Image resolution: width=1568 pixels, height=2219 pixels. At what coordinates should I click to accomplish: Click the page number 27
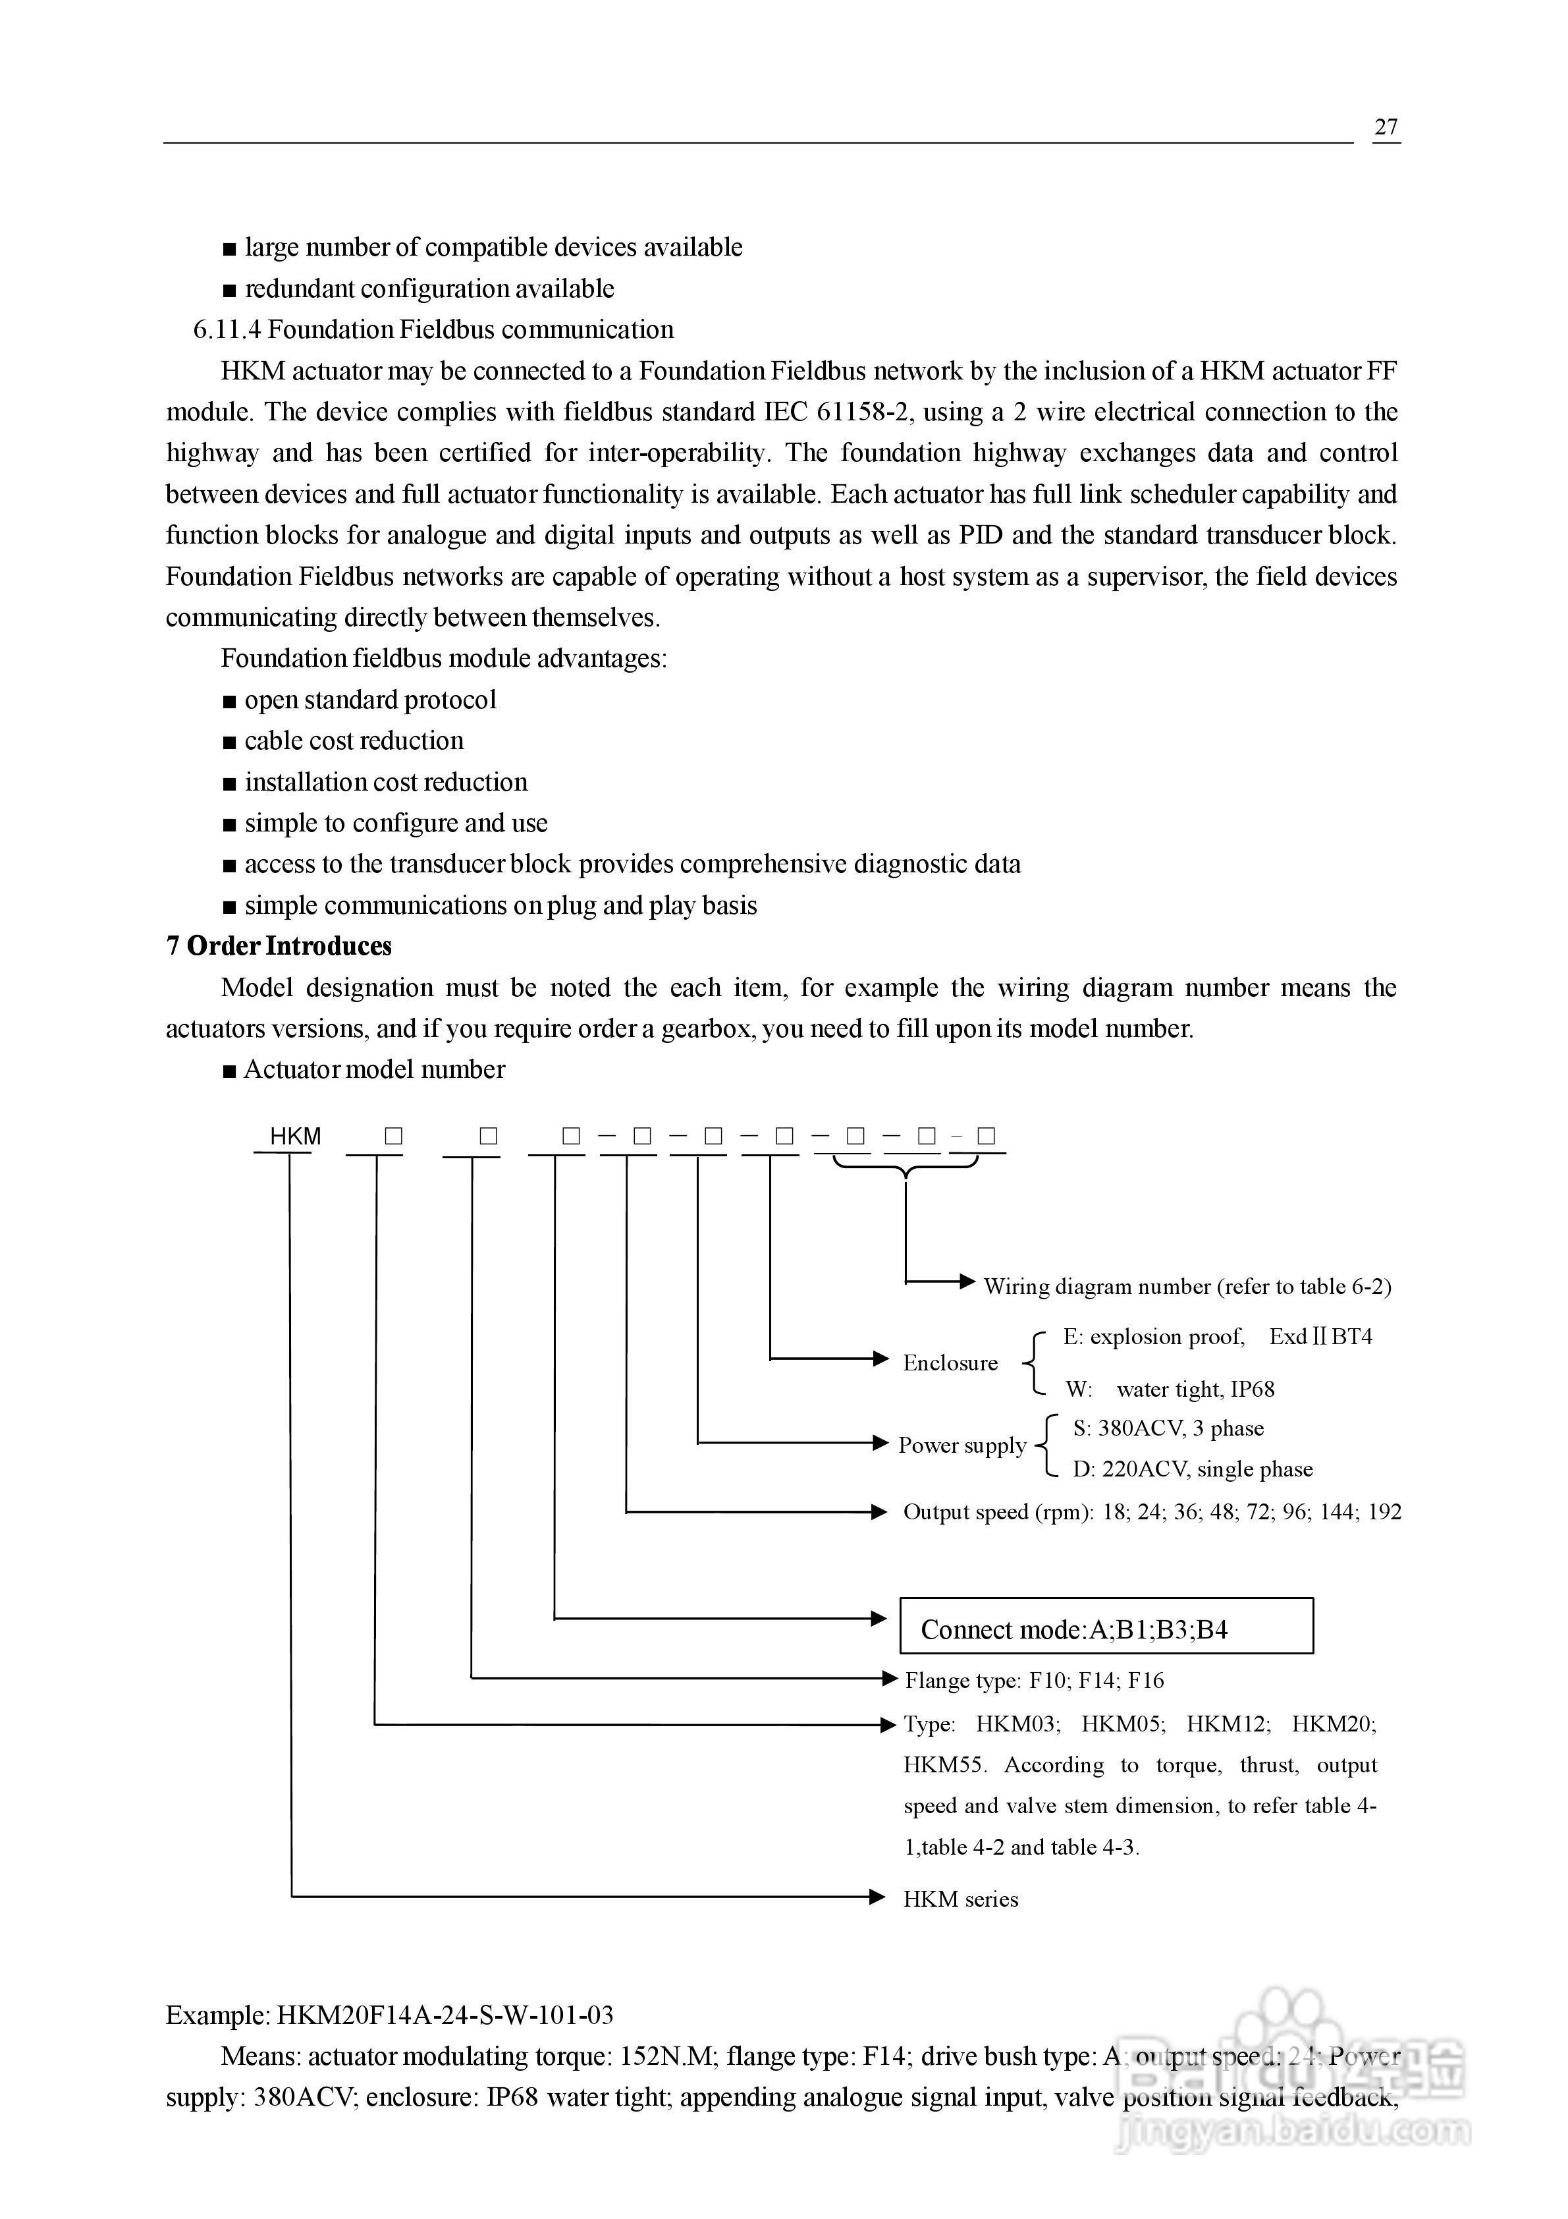point(1386,126)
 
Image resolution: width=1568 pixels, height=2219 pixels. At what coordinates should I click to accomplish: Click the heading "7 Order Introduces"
point(279,946)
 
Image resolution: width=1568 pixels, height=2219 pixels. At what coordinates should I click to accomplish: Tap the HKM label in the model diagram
point(294,1137)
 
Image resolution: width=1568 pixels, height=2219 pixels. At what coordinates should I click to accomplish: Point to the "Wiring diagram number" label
point(1187,1286)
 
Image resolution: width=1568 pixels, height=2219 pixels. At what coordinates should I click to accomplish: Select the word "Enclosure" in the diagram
point(950,1362)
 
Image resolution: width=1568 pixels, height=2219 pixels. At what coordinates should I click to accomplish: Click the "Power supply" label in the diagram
point(961,1445)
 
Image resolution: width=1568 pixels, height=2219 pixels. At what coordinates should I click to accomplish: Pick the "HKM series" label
point(960,1899)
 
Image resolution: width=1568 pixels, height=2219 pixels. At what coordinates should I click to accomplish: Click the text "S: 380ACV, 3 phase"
point(1167,1428)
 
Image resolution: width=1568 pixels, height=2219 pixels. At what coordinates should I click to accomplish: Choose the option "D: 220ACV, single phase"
point(1192,1469)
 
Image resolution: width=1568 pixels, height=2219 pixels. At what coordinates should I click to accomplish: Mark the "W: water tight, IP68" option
point(1169,1389)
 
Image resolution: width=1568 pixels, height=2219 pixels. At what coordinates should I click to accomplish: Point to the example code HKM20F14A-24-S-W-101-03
point(445,2015)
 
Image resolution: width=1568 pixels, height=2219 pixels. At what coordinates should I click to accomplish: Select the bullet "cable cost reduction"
point(354,741)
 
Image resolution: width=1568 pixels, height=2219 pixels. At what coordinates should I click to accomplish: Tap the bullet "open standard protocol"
point(370,700)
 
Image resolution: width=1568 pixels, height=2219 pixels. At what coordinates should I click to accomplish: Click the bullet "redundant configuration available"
point(429,289)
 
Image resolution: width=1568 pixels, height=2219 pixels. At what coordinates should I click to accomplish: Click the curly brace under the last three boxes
point(906,1169)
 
